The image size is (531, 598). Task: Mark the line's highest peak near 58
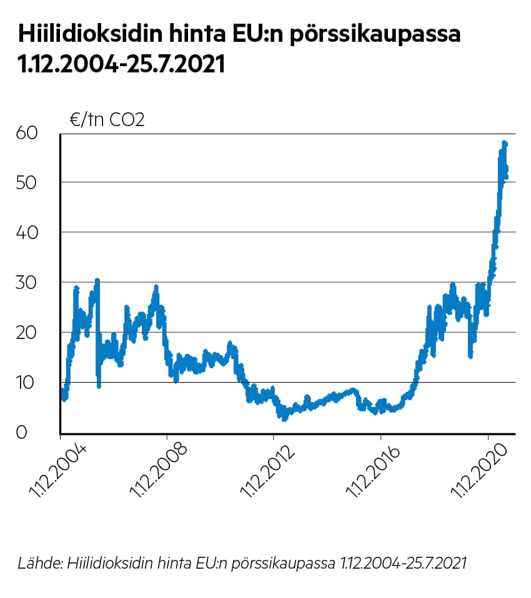click(504, 143)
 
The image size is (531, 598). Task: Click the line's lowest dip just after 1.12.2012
click(284, 419)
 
